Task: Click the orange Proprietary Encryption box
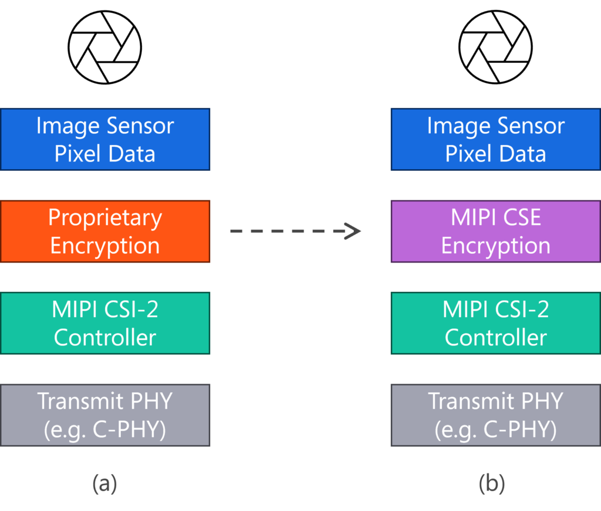pyautogui.click(x=105, y=231)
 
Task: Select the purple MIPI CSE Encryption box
pyautogui.click(x=495, y=231)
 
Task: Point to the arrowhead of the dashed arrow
pyautogui.click(x=353, y=231)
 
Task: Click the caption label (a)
pyautogui.click(x=105, y=483)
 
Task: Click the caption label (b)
pyautogui.click(x=492, y=483)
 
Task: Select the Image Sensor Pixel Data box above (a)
pyautogui.click(x=105, y=139)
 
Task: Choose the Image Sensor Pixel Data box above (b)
pyautogui.click(x=495, y=139)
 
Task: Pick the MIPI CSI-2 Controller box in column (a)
pyautogui.click(x=105, y=323)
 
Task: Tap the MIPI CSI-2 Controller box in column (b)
pyautogui.click(x=495, y=323)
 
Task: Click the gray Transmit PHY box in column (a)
pyautogui.click(x=105, y=415)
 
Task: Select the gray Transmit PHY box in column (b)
pyautogui.click(x=495, y=415)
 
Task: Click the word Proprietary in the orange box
pyautogui.click(x=105, y=218)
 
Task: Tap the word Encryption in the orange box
pyautogui.click(x=105, y=246)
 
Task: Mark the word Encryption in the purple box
pyautogui.click(x=495, y=246)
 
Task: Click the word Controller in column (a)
pyautogui.click(x=105, y=338)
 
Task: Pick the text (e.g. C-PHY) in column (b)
pyautogui.click(x=495, y=430)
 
